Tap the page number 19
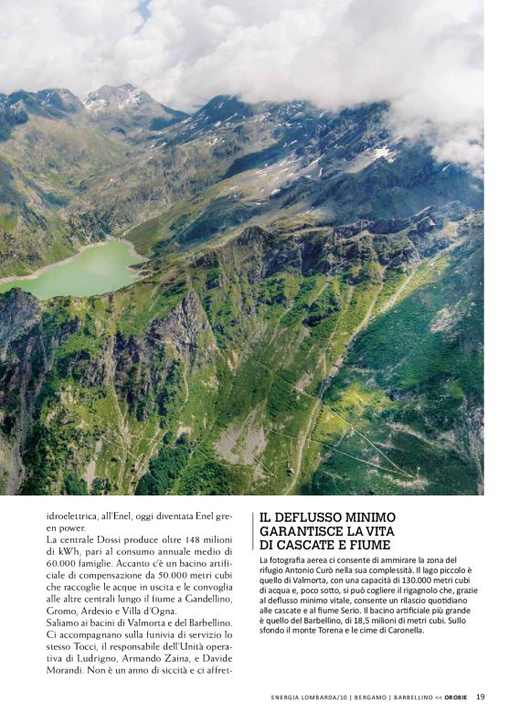point(480,697)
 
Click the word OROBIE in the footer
point(455,697)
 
